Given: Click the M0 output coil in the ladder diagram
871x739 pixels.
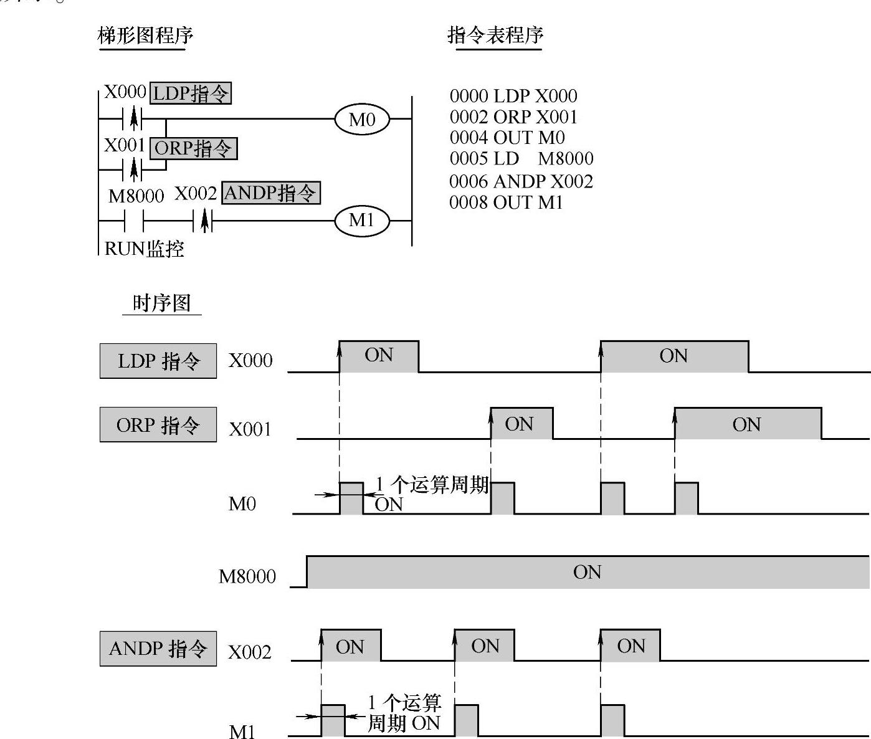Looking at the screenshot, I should click(362, 119).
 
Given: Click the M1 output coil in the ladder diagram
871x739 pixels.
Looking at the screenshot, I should click(362, 221).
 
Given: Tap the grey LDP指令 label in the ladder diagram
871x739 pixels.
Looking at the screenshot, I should click(191, 93).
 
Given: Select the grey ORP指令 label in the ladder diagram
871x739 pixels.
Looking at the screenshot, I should click(193, 148).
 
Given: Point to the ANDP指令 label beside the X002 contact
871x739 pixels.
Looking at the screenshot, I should click(271, 193).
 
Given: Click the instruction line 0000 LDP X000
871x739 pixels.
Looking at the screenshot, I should click(513, 96).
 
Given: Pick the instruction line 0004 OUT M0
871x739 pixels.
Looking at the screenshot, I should click(507, 138).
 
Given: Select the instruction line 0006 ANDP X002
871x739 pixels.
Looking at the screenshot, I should click(521, 181).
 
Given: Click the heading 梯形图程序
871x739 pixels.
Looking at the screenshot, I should click(145, 35).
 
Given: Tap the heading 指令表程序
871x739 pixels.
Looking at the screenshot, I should click(495, 35).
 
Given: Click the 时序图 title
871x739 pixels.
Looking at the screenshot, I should click(161, 303).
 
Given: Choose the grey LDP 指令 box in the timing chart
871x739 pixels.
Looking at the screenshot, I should click(158, 361).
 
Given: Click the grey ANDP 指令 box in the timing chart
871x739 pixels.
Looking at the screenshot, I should click(158, 649).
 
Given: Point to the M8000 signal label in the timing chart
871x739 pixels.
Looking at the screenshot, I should click(247, 576).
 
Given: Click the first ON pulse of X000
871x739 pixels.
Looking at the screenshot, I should click(379, 356).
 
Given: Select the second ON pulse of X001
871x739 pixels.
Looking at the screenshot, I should click(747, 424).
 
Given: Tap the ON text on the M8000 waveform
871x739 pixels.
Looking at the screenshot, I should click(587, 572).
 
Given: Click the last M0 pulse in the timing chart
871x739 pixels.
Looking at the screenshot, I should click(686, 498).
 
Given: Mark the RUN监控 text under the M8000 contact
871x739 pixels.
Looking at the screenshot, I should click(144, 249).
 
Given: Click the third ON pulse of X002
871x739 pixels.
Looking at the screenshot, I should click(631, 646).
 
